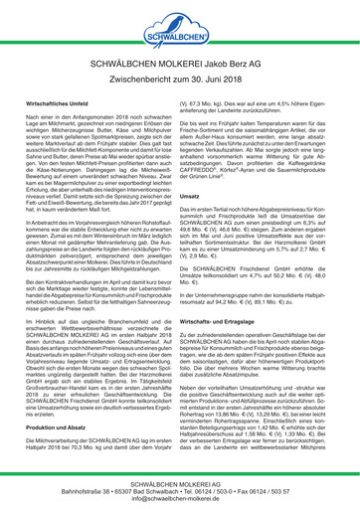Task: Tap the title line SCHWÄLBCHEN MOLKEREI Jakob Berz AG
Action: click(180, 69)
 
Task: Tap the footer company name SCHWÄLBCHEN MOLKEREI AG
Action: click(180, 475)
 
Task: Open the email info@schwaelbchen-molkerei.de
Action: click(180, 493)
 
